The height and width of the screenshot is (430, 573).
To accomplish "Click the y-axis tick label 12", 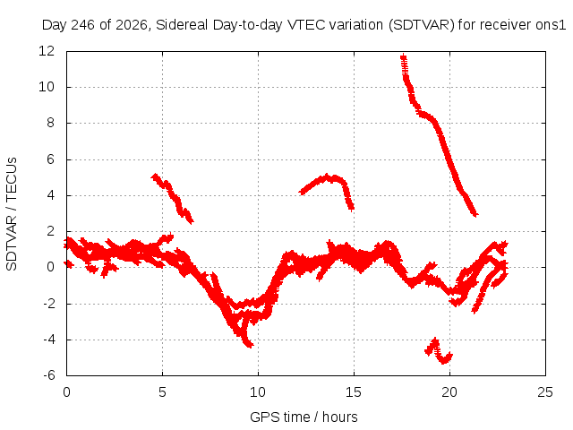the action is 47,51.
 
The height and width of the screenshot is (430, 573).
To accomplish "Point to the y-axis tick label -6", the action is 49,375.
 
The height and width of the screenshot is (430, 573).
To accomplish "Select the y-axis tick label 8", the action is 51,123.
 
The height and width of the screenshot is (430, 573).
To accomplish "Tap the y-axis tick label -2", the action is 49,303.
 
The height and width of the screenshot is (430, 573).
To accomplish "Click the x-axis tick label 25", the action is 545,392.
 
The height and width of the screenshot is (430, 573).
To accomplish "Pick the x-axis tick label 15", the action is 354,392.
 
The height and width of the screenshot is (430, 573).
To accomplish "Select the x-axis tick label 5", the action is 162,392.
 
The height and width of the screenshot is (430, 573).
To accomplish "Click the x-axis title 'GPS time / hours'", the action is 304,417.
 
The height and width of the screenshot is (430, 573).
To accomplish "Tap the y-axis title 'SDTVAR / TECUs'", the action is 12,214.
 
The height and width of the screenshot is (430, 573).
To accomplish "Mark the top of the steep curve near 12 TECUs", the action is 404,56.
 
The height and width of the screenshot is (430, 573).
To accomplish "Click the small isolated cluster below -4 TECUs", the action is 439,352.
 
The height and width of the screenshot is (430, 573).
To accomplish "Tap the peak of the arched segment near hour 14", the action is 326,176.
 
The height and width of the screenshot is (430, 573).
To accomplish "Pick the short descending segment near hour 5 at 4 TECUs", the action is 172,198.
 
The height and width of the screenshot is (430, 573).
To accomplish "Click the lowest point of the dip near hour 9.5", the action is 250,345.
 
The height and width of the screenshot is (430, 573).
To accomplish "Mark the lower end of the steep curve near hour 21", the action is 475,214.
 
